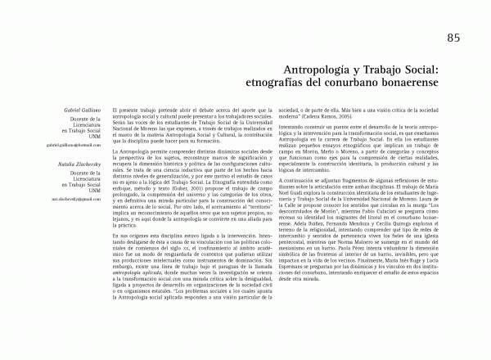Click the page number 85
coord(454,37)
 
